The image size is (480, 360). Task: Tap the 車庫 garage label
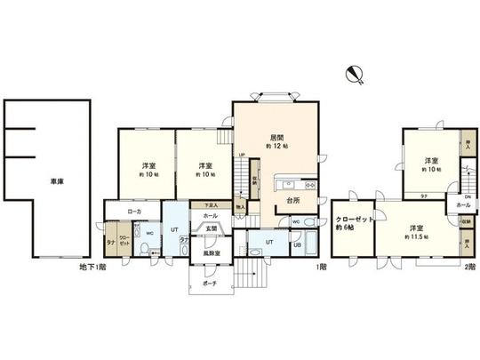[56, 182]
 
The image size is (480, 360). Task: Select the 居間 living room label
[276, 138]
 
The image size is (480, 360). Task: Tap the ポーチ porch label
[210, 284]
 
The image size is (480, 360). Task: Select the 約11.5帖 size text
[415, 237]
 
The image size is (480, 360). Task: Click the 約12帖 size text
[278, 148]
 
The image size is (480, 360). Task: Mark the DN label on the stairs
[467, 196]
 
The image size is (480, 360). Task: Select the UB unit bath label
[297, 245]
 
